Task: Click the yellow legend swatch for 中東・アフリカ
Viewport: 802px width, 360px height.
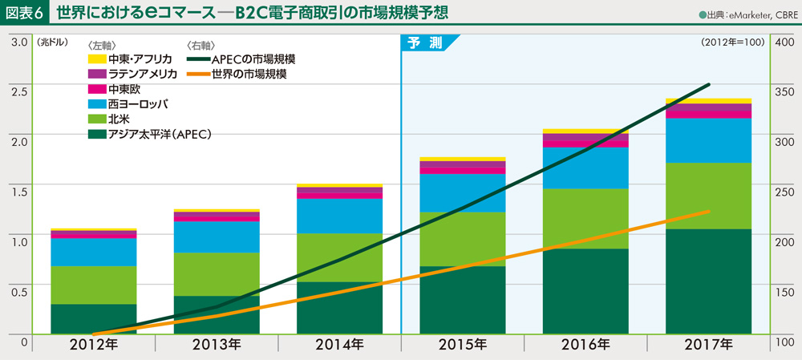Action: tap(96, 59)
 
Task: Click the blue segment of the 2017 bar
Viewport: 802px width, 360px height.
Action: tap(708, 140)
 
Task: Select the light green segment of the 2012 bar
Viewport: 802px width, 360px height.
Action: tap(93, 285)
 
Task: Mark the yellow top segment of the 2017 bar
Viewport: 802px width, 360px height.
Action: tap(708, 101)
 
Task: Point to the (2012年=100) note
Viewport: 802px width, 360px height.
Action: tap(731, 42)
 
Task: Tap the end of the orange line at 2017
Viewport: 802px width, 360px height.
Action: tap(709, 211)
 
